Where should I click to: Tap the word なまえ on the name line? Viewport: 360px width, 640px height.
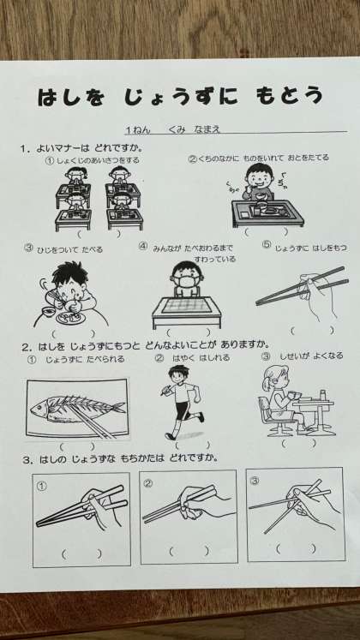pos(207,129)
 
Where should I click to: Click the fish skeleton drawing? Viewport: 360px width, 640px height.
pos(77,409)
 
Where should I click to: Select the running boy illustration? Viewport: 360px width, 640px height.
pos(183,402)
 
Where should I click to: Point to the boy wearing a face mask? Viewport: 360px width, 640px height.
pos(186,278)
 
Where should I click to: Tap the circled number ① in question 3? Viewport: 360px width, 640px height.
pos(42,485)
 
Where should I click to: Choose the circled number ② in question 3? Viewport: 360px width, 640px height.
pos(148,484)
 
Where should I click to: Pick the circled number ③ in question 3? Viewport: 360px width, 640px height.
pos(255,481)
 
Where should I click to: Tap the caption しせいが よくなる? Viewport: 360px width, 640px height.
pos(311,356)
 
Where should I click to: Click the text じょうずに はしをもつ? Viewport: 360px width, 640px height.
pos(310,248)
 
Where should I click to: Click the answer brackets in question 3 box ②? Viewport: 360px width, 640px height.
pos(189,552)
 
